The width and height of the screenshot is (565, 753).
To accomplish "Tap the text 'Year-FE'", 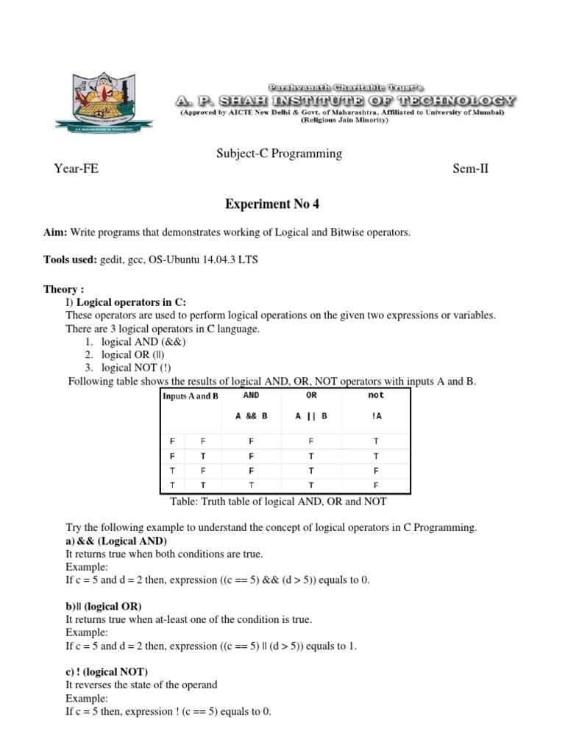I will [x=77, y=169].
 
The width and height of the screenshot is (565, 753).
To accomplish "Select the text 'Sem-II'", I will [x=471, y=169].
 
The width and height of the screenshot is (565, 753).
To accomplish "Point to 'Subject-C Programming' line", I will [x=279, y=154].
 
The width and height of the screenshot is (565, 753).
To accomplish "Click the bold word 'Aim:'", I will [x=56, y=232].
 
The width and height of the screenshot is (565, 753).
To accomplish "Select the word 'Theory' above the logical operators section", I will [x=60, y=290].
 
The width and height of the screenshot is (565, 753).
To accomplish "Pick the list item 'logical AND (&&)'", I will [x=143, y=342].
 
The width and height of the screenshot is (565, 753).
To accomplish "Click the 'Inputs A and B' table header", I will [x=191, y=396].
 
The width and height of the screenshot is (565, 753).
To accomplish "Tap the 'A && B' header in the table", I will [x=251, y=415].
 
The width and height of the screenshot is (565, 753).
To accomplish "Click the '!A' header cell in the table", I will [x=377, y=415].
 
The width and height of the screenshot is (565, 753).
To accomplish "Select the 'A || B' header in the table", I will [x=311, y=415].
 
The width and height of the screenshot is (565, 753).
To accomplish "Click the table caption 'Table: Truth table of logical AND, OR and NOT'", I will [x=278, y=502].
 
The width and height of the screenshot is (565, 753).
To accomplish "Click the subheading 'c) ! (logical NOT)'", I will [x=107, y=671].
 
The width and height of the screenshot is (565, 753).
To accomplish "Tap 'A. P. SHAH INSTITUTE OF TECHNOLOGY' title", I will [x=345, y=100].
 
